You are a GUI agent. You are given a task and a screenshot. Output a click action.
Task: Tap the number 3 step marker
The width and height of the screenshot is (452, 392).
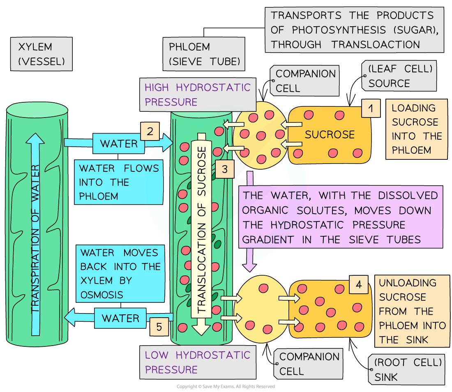(224, 169)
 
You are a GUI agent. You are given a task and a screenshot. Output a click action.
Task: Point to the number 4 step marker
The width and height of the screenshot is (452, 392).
(359, 285)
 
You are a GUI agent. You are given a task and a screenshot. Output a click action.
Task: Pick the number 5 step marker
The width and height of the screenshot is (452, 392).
(159, 327)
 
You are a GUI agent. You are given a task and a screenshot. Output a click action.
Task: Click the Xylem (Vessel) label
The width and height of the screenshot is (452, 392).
(42, 54)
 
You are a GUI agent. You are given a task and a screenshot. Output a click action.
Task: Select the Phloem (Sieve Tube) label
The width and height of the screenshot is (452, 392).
(204, 54)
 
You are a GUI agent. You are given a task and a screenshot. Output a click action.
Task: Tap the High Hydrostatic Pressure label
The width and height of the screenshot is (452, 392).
(197, 95)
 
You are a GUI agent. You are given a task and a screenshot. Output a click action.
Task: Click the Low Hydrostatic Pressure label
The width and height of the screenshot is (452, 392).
(197, 362)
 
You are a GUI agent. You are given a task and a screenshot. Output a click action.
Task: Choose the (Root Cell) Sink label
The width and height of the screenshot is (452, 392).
(407, 369)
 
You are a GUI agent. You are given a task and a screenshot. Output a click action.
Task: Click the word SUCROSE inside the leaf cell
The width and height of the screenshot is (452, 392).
(330, 134)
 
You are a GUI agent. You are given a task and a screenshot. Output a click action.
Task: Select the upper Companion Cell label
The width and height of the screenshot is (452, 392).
(305, 81)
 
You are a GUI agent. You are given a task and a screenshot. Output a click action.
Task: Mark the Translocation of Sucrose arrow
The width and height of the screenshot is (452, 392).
(201, 230)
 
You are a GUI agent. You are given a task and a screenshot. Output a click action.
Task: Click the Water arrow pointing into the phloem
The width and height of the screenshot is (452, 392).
(119, 143)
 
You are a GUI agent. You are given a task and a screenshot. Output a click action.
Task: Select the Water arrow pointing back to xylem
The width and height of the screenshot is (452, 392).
(119, 318)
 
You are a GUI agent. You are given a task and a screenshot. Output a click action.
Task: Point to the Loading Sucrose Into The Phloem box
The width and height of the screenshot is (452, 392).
(416, 129)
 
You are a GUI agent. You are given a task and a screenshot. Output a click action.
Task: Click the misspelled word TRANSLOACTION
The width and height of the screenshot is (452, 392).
(376, 44)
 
